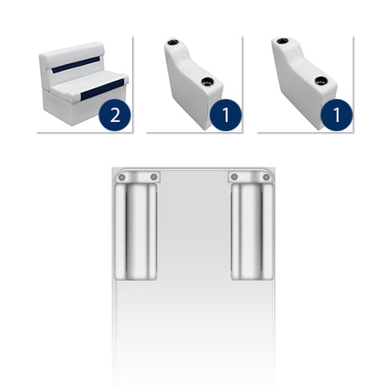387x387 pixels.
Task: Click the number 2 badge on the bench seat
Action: point(114,114)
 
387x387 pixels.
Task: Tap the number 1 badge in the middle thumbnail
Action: point(225,114)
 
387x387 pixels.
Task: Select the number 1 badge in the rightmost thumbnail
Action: point(337,114)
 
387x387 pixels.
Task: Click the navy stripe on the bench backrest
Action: point(76,65)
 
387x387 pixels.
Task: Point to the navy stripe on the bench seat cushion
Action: point(103,89)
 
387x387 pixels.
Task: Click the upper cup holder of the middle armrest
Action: point(172,43)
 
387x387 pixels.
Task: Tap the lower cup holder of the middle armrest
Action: point(208,82)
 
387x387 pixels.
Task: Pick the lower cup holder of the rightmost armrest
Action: point(321,81)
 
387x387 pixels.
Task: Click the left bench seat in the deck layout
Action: point(135,231)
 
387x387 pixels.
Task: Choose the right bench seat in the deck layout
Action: point(252,231)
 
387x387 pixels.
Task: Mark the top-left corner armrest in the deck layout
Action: point(137,177)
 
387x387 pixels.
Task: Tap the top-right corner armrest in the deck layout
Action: point(250,177)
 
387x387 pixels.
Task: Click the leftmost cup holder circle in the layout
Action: point(122,178)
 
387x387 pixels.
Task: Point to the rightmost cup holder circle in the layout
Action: point(267,178)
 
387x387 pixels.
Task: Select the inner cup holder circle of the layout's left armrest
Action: point(154,178)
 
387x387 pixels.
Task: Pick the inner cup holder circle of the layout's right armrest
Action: point(235,178)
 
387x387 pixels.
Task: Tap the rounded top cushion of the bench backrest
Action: point(72,52)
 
